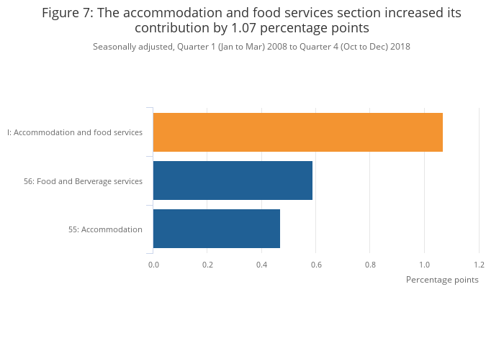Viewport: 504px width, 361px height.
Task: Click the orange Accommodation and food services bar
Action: [297, 132]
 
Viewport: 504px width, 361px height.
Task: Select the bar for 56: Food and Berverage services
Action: [233, 180]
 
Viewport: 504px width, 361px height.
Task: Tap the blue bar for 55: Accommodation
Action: [216, 229]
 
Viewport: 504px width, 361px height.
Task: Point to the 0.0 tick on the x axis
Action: [153, 265]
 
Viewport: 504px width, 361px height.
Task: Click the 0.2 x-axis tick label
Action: [207, 265]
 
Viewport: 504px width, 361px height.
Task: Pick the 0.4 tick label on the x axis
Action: [262, 265]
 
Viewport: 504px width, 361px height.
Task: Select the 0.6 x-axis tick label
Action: [316, 265]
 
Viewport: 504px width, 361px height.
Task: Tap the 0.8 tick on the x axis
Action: [370, 265]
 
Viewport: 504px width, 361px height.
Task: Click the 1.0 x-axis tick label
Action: [425, 265]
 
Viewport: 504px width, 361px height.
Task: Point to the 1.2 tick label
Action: [479, 265]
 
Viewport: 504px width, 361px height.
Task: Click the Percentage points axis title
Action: [442, 280]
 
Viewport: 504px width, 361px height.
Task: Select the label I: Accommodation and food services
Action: [75, 132]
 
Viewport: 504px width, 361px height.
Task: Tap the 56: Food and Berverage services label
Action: [83, 181]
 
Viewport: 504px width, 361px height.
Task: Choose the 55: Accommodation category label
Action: [105, 229]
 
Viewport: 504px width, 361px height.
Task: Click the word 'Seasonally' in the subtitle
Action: [114, 47]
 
